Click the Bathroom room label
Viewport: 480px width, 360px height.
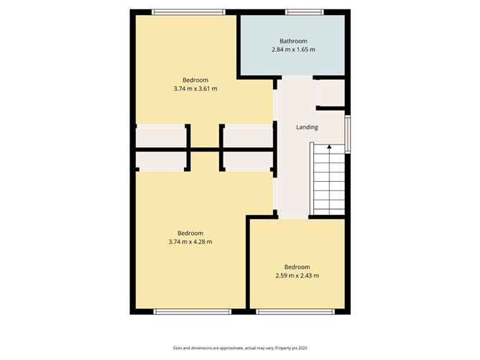(x=293, y=40)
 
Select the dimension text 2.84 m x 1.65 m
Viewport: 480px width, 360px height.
(x=293, y=50)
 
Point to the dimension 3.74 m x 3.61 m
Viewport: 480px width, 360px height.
(x=195, y=88)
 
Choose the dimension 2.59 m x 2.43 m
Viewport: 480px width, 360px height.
(x=297, y=275)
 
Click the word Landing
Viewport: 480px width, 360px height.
(x=307, y=127)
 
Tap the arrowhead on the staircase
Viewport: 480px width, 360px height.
(x=329, y=147)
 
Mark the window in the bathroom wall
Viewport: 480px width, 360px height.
(x=297, y=11)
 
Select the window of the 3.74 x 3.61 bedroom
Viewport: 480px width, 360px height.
(x=189, y=11)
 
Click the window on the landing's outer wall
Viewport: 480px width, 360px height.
(x=348, y=134)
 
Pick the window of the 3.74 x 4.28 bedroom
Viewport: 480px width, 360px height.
(x=192, y=311)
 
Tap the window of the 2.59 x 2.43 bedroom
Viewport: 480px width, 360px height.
(x=295, y=311)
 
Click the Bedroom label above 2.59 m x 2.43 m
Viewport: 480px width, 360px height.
(x=297, y=266)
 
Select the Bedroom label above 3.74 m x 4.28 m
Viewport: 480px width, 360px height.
(x=190, y=233)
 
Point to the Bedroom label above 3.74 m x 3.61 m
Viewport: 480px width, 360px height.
(x=195, y=79)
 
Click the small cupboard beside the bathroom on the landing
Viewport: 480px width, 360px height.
(x=331, y=93)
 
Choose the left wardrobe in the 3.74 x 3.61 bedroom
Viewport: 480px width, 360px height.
(x=162, y=136)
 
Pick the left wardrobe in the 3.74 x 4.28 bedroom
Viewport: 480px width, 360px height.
(x=162, y=161)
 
